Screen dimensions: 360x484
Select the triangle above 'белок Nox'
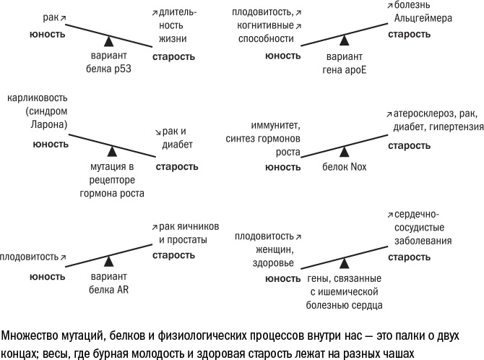coord(345,151)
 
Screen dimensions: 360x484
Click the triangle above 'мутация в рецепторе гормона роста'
coord(112,151)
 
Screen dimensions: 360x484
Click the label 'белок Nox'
coord(345,167)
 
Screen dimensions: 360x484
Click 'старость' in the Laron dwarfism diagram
coord(176,167)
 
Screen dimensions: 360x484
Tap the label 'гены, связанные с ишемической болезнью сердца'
coord(345,293)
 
